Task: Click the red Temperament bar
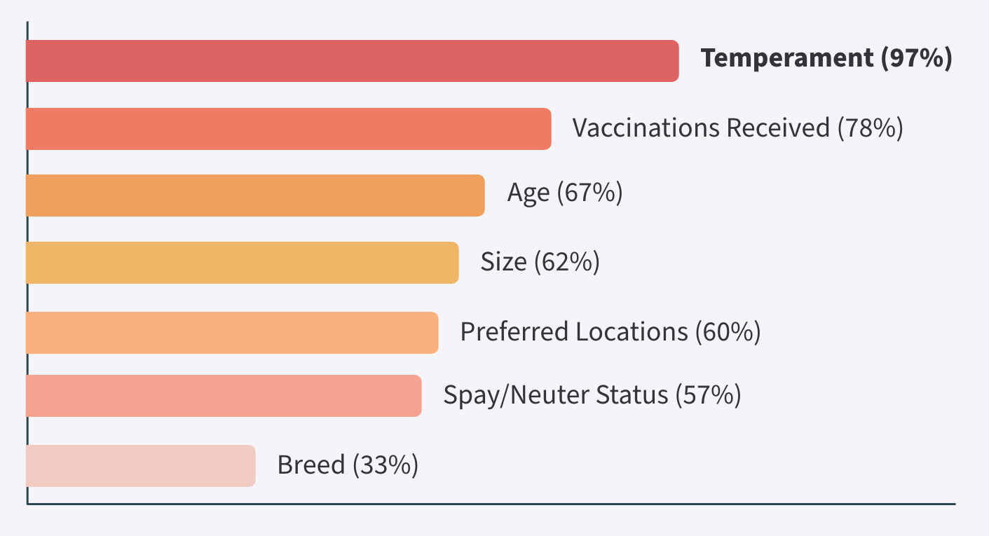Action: (353, 61)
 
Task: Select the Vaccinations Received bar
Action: (289, 129)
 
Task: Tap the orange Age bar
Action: (255, 195)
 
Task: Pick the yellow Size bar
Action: (243, 263)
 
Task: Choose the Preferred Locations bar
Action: (232, 333)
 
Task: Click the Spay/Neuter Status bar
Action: (224, 396)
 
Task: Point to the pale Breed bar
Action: (141, 466)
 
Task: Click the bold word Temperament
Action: (787, 58)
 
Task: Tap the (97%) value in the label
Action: (917, 58)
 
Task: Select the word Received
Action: (779, 128)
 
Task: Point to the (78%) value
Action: (871, 128)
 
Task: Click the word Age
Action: (528, 193)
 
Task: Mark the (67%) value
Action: (590, 193)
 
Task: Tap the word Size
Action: (504, 261)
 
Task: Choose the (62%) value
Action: (567, 262)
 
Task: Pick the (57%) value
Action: (708, 395)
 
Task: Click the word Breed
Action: (311, 465)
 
